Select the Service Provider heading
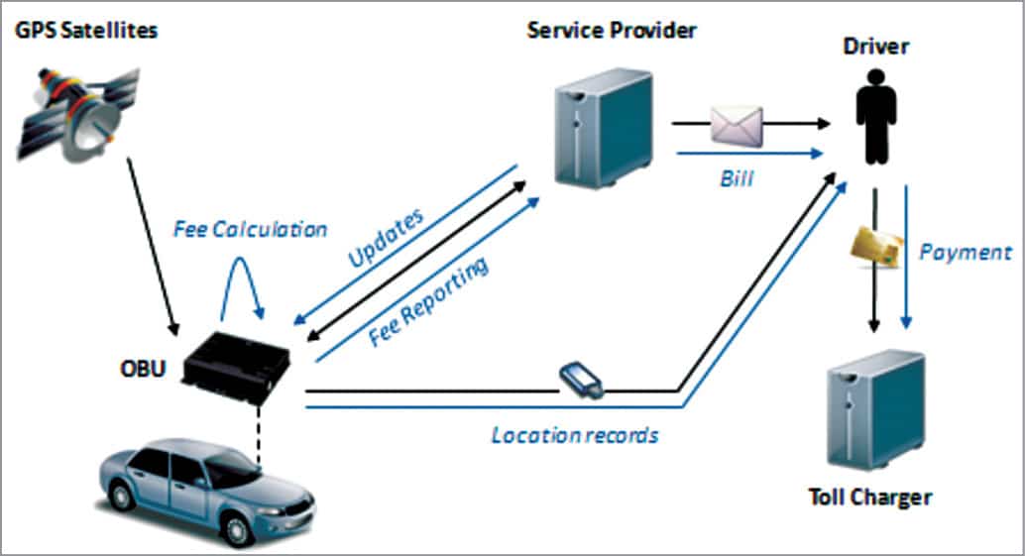[611, 29]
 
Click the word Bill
[736, 180]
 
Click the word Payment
[965, 252]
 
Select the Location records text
[575, 434]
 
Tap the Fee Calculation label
[250, 229]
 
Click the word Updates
[387, 239]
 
